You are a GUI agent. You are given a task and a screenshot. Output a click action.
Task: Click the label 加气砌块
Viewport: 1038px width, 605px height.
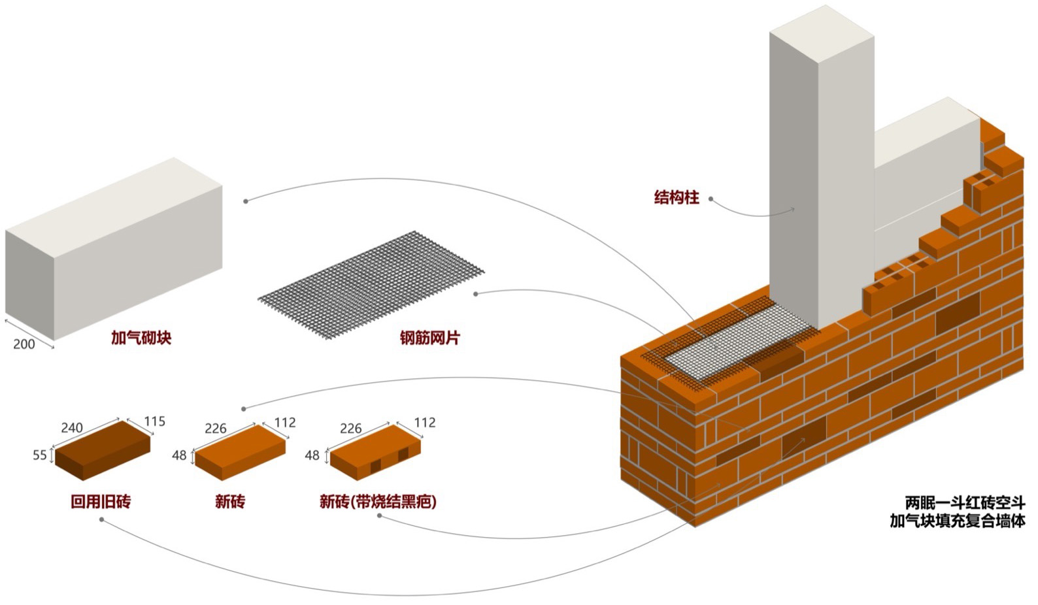click(x=141, y=338)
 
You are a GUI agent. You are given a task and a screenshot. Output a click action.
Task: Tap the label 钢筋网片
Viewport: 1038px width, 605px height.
click(x=430, y=338)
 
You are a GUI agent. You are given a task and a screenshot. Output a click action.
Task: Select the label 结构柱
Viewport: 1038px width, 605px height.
click(x=677, y=197)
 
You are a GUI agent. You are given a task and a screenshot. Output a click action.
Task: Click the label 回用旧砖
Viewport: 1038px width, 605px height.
click(x=101, y=501)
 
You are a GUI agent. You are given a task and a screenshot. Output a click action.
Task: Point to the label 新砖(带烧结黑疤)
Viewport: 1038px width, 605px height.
click(x=378, y=501)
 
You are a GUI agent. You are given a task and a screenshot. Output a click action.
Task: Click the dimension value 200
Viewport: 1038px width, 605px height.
click(x=24, y=344)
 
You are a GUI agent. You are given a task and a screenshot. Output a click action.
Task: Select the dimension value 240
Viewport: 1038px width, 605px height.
click(x=72, y=427)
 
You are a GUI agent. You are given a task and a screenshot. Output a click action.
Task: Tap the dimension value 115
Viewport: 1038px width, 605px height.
click(x=154, y=421)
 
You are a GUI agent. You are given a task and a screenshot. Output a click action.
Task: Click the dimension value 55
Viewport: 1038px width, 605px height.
click(x=40, y=455)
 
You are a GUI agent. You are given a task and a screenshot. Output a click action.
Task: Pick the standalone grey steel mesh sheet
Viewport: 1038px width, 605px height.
click(x=371, y=286)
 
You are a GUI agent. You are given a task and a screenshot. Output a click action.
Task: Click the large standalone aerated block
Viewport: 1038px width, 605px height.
click(x=114, y=249)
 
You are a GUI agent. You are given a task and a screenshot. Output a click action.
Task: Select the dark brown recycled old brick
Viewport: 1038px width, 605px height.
click(x=103, y=450)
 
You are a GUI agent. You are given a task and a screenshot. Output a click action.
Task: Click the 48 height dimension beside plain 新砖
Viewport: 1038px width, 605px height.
click(x=179, y=455)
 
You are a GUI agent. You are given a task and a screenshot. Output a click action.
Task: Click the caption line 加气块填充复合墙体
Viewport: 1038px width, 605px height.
click(x=958, y=521)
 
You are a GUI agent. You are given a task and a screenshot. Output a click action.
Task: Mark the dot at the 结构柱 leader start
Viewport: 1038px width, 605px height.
click(x=711, y=199)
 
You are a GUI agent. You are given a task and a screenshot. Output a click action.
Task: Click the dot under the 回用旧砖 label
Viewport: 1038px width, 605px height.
click(x=101, y=520)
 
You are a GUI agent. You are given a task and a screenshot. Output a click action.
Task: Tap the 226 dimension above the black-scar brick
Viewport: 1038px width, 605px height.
click(x=350, y=429)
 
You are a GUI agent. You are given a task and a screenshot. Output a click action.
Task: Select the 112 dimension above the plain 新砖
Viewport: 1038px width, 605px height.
click(x=285, y=423)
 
